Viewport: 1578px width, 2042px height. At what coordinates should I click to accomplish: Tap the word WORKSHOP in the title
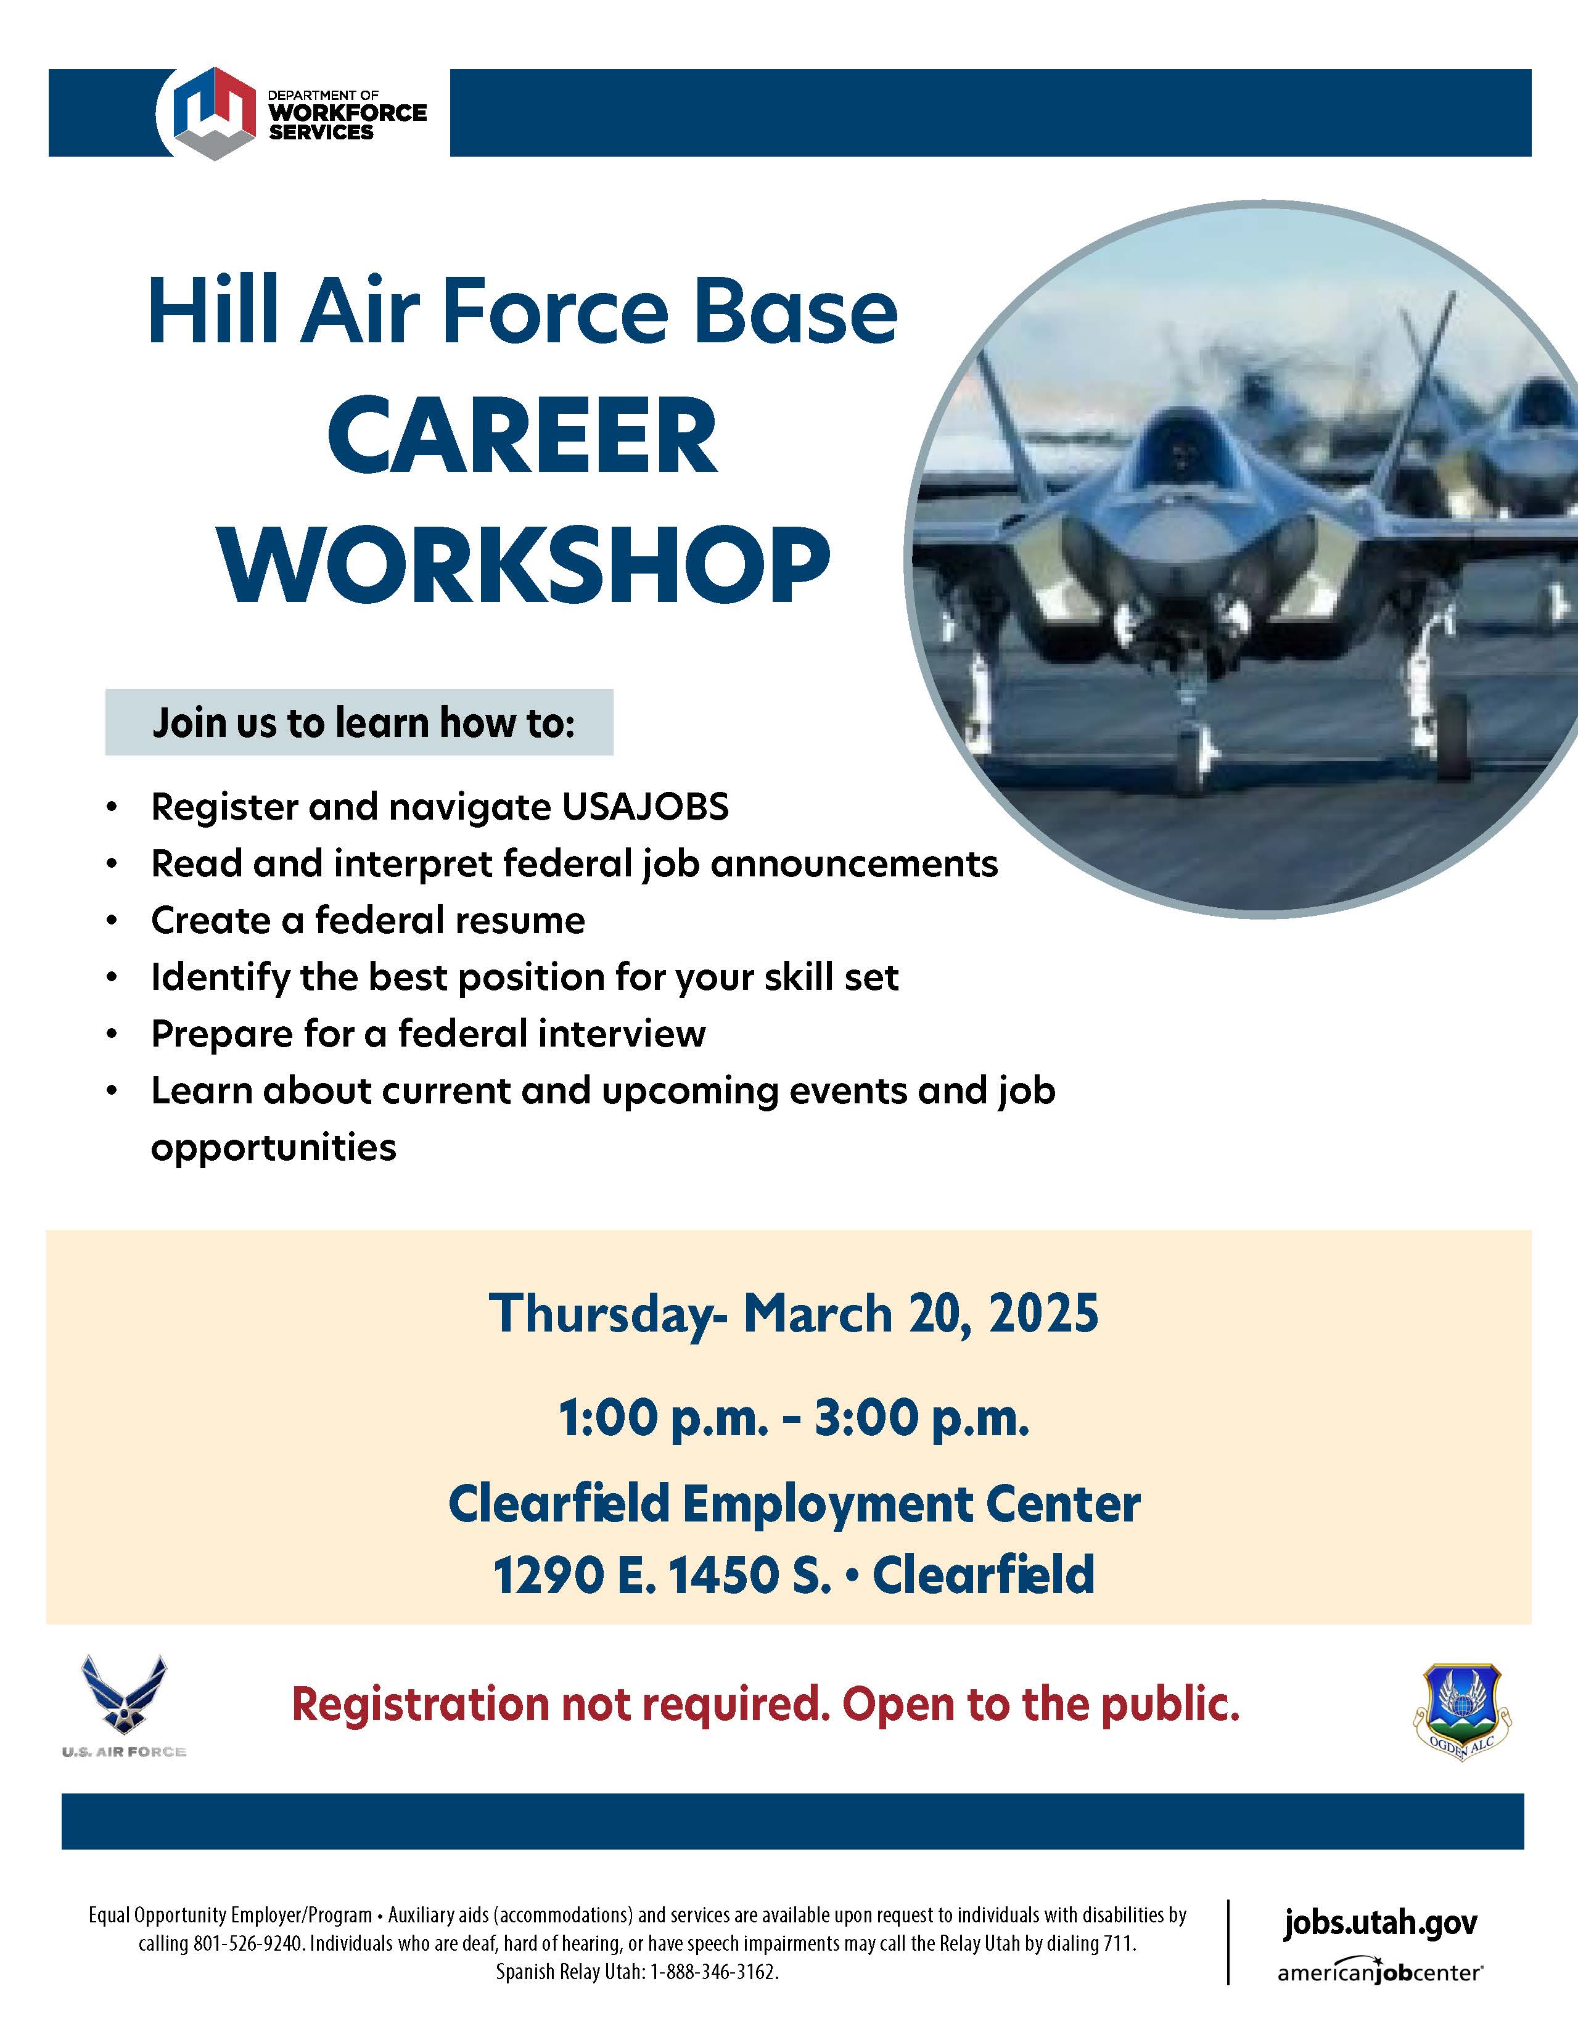point(524,566)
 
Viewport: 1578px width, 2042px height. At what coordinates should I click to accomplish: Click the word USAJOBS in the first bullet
point(645,807)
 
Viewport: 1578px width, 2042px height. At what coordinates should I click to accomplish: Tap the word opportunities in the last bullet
point(274,1148)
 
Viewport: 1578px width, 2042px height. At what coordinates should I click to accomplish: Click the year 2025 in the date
point(1043,1314)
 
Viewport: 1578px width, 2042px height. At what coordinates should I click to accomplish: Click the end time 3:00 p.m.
point(922,1418)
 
